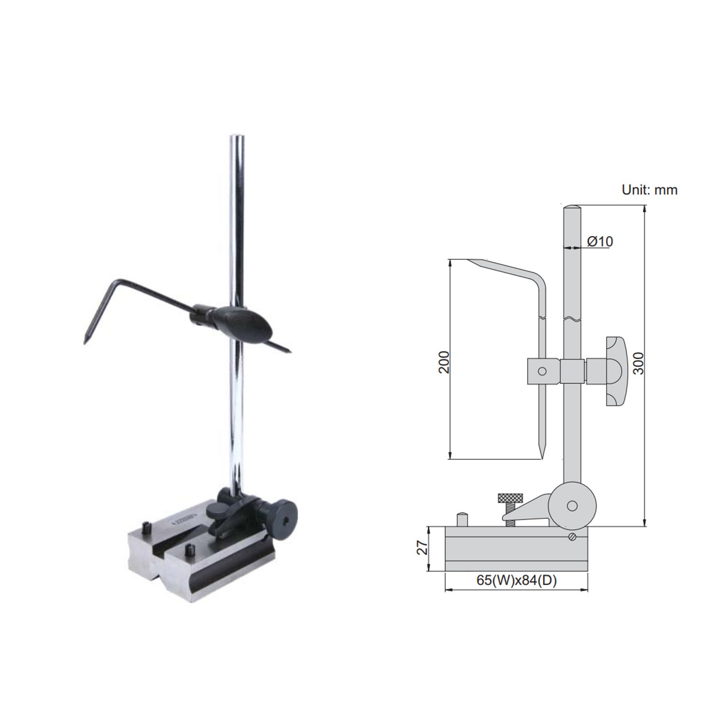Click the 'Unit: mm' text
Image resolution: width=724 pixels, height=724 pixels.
pos(649,190)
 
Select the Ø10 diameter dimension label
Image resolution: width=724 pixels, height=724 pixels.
pos(600,241)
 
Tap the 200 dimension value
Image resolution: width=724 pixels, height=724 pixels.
pos(444,362)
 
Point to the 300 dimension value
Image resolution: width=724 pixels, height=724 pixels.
pos(639,363)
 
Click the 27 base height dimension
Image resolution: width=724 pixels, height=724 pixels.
pos(422,547)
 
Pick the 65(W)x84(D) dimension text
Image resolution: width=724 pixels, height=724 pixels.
pos(516,581)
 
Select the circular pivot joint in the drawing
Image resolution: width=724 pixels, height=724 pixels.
pos(572,505)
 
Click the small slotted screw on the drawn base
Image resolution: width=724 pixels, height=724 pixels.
pos(572,537)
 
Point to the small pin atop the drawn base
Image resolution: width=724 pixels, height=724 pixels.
pos(461,519)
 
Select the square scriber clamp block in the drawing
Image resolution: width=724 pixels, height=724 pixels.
pos(543,371)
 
